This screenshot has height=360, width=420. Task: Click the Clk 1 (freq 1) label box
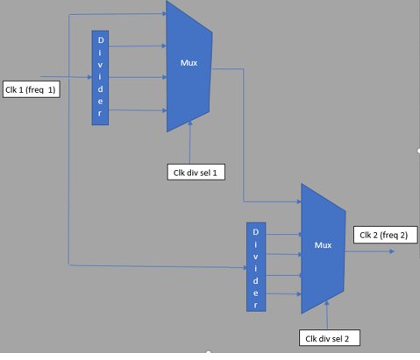[32, 89]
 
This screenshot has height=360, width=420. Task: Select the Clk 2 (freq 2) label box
[386, 235]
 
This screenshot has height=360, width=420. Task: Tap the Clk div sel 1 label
[196, 173]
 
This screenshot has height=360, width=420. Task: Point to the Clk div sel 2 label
[330, 338]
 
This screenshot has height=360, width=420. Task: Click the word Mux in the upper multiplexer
[189, 63]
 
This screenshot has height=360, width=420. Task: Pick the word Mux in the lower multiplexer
[323, 245]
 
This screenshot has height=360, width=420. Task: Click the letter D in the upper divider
[101, 40]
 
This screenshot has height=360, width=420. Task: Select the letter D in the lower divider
[256, 232]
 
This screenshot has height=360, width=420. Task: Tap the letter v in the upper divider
[100, 65]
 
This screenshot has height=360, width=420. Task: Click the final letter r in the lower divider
[256, 305]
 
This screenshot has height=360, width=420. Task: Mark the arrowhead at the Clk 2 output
[392, 251]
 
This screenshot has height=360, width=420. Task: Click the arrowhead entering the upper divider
[89, 77]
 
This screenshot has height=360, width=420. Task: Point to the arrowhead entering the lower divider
[245, 268]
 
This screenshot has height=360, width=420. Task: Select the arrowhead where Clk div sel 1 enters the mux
[190, 123]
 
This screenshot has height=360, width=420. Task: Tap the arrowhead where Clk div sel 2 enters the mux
[326, 303]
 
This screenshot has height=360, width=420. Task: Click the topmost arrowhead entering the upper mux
[164, 13]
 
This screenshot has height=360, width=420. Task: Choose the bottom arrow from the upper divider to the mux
[138, 110]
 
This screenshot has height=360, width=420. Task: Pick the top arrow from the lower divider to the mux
[284, 234]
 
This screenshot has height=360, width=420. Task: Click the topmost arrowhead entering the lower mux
[299, 201]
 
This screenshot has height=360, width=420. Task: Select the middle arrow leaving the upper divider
[138, 77]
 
